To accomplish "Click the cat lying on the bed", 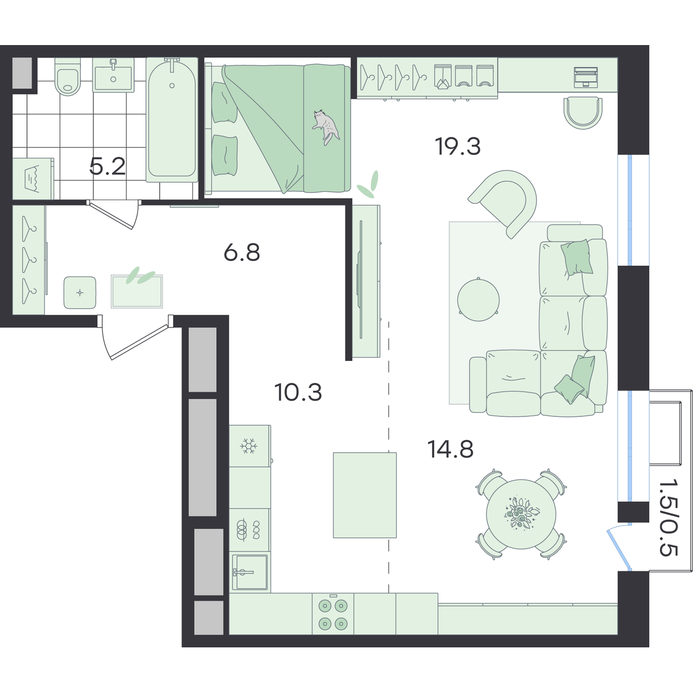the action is click(326, 126).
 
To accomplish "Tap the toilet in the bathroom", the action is click(68, 77).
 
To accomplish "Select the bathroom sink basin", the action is click(113, 75).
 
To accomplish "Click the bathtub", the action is click(172, 120).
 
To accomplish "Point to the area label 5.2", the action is click(107, 166).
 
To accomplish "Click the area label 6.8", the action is click(241, 252).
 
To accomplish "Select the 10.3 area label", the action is click(298, 392).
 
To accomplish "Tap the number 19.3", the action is click(457, 146).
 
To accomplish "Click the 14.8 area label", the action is click(450, 449).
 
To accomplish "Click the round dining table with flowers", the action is click(521, 514).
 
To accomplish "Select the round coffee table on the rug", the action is click(478, 300).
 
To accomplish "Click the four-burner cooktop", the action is click(333, 614).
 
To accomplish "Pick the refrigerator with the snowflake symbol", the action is click(249, 446).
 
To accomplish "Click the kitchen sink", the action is click(250, 572).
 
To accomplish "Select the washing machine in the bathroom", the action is click(33, 178).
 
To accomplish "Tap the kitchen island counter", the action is click(364, 495).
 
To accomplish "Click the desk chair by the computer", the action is click(583, 113).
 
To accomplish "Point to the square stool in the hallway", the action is click(80, 292).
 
